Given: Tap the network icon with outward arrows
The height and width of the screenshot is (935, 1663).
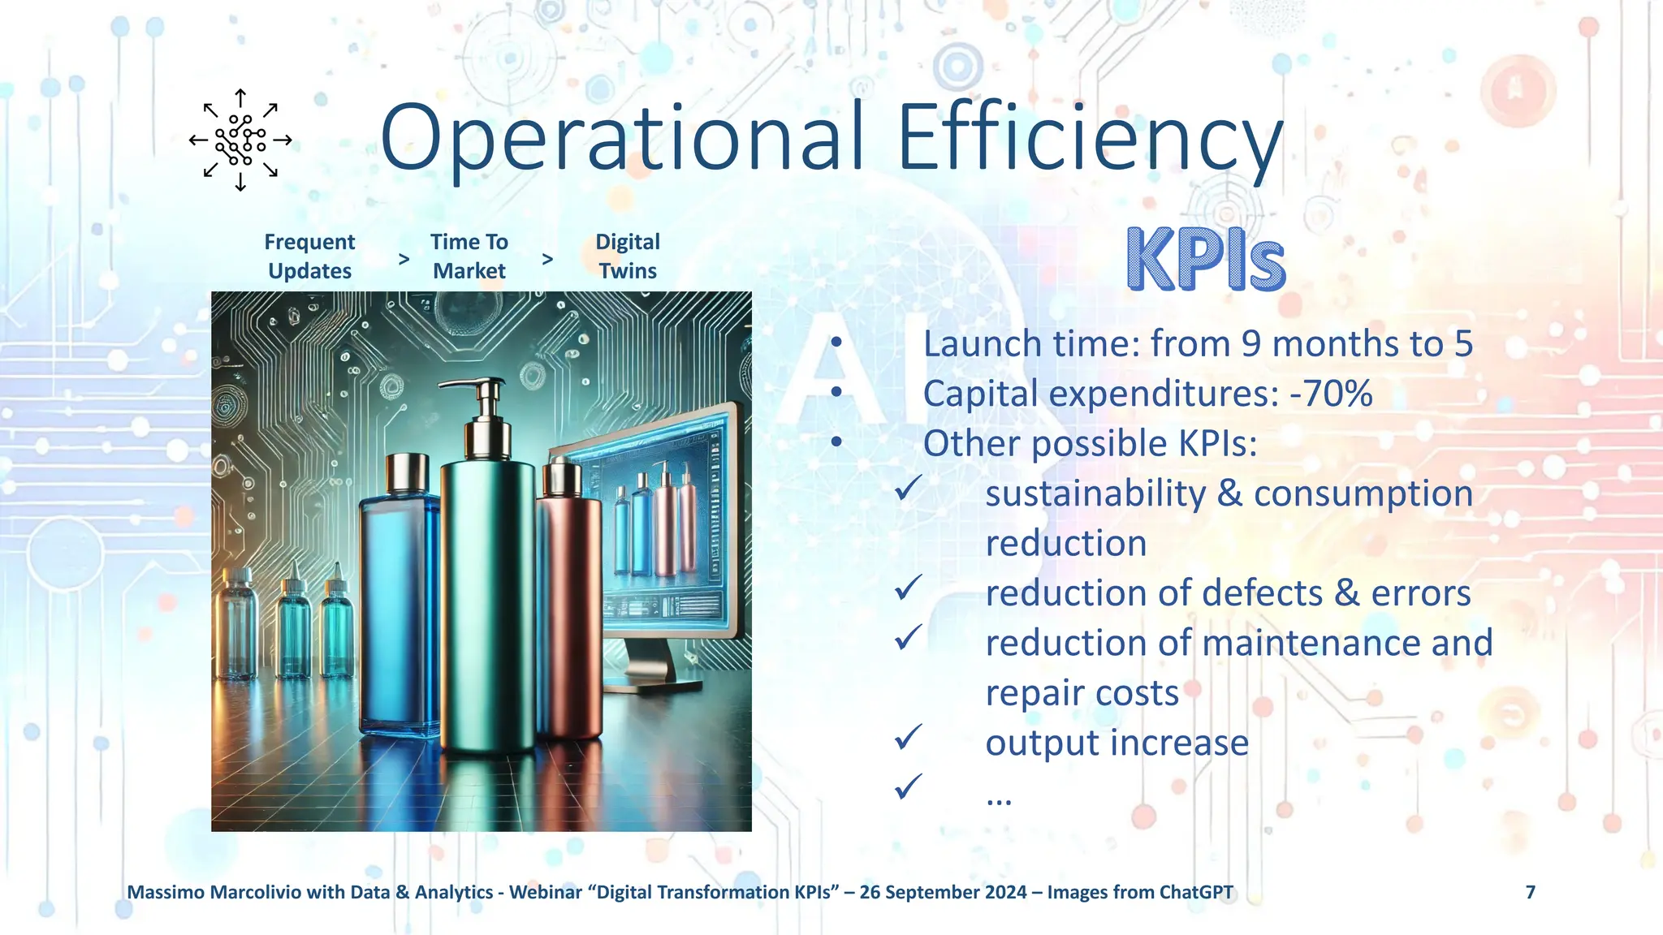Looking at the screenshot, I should click(x=240, y=140).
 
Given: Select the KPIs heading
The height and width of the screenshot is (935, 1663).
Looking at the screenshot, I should click(x=1206, y=259).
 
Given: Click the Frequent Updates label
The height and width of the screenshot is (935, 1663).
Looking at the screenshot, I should click(x=309, y=256).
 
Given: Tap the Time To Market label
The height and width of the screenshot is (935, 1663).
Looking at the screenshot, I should click(x=469, y=256).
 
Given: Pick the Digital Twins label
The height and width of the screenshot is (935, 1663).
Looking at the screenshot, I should click(x=628, y=256).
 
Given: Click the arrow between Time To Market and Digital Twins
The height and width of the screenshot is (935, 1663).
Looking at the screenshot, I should click(x=547, y=259).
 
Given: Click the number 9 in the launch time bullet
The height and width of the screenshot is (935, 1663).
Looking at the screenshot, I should click(x=1251, y=344).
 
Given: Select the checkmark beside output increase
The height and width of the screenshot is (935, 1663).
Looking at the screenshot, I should click(x=908, y=737).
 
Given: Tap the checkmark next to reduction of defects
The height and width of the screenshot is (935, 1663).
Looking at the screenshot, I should click(x=908, y=587).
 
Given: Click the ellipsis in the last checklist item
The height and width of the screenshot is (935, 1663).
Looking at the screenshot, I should click(x=999, y=799).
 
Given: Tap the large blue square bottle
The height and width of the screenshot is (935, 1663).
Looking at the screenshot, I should click(x=399, y=601).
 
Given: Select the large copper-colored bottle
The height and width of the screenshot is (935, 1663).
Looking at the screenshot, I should click(x=568, y=601).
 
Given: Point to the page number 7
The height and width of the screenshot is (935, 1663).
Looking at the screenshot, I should click(x=1530, y=892).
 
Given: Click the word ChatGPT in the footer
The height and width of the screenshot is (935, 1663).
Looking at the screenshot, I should click(x=1195, y=892).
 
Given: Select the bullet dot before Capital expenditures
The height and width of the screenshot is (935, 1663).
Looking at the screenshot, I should click(x=836, y=393).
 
